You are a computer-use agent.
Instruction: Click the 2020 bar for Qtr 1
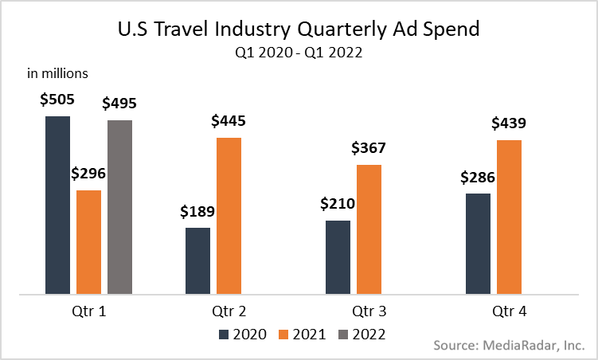tap(57, 205)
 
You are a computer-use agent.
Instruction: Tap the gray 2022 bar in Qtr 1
tap(119, 208)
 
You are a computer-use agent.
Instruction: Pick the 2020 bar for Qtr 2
tap(197, 261)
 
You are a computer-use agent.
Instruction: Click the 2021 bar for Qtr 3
tap(369, 230)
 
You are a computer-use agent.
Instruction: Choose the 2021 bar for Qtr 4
tap(509, 217)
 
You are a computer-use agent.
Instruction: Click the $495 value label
tap(119, 104)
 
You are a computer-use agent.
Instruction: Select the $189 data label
tap(197, 212)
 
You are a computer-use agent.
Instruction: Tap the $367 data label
tap(369, 149)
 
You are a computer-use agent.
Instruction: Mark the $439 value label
tap(509, 123)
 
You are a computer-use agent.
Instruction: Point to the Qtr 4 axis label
tap(509, 311)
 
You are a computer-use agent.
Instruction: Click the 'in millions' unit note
tap(57, 74)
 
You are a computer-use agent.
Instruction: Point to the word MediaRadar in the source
tap(518, 346)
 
